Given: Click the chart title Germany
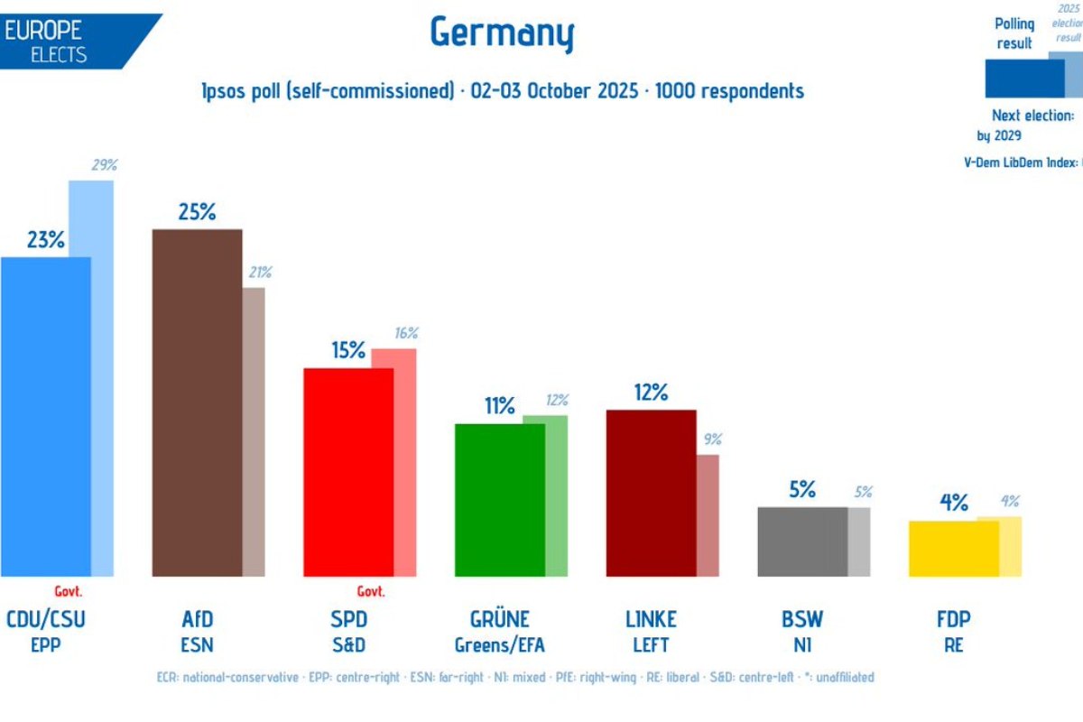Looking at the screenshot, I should click(x=502, y=33).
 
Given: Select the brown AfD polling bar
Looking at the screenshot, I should click(x=197, y=403).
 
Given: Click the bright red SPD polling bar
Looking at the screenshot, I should click(x=348, y=472).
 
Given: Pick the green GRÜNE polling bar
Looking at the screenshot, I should click(x=500, y=499).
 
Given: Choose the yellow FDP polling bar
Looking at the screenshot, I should click(x=954, y=549).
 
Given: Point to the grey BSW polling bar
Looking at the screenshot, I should click(x=802, y=541).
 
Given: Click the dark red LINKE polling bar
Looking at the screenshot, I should click(x=651, y=493).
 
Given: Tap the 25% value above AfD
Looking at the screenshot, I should click(x=197, y=212).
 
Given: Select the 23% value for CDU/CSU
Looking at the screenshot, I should click(x=45, y=240).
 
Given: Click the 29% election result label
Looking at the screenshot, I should click(x=104, y=165).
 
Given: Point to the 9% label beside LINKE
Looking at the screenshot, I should click(x=713, y=440).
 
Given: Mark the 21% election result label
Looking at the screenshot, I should click(x=259, y=272).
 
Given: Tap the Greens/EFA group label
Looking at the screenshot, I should click(x=500, y=644).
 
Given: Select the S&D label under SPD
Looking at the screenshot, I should click(x=348, y=644).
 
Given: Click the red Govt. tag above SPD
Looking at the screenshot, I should click(x=370, y=592).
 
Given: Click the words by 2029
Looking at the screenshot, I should click(x=999, y=135).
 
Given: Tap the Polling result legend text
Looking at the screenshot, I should click(x=1014, y=33).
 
